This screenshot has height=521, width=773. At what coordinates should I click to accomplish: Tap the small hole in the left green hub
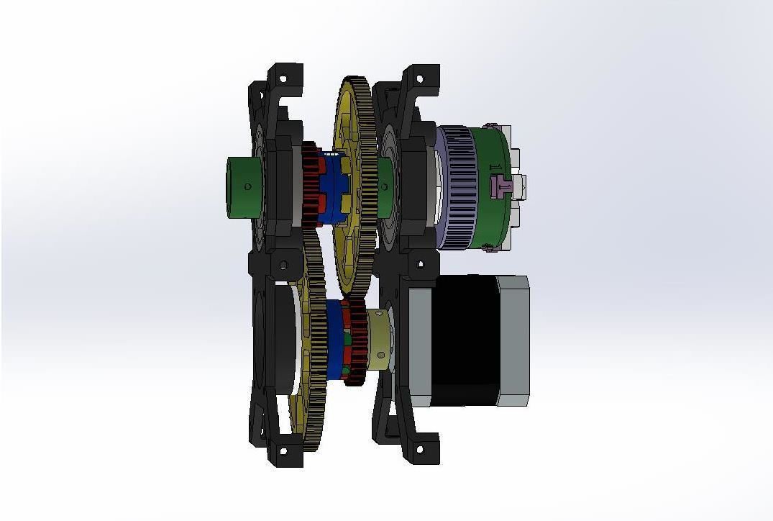[x=248, y=186]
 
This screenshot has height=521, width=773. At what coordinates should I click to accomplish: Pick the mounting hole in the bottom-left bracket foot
[x=283, y=451]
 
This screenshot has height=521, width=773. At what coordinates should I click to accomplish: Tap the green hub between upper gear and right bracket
[x=383, y=186]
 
